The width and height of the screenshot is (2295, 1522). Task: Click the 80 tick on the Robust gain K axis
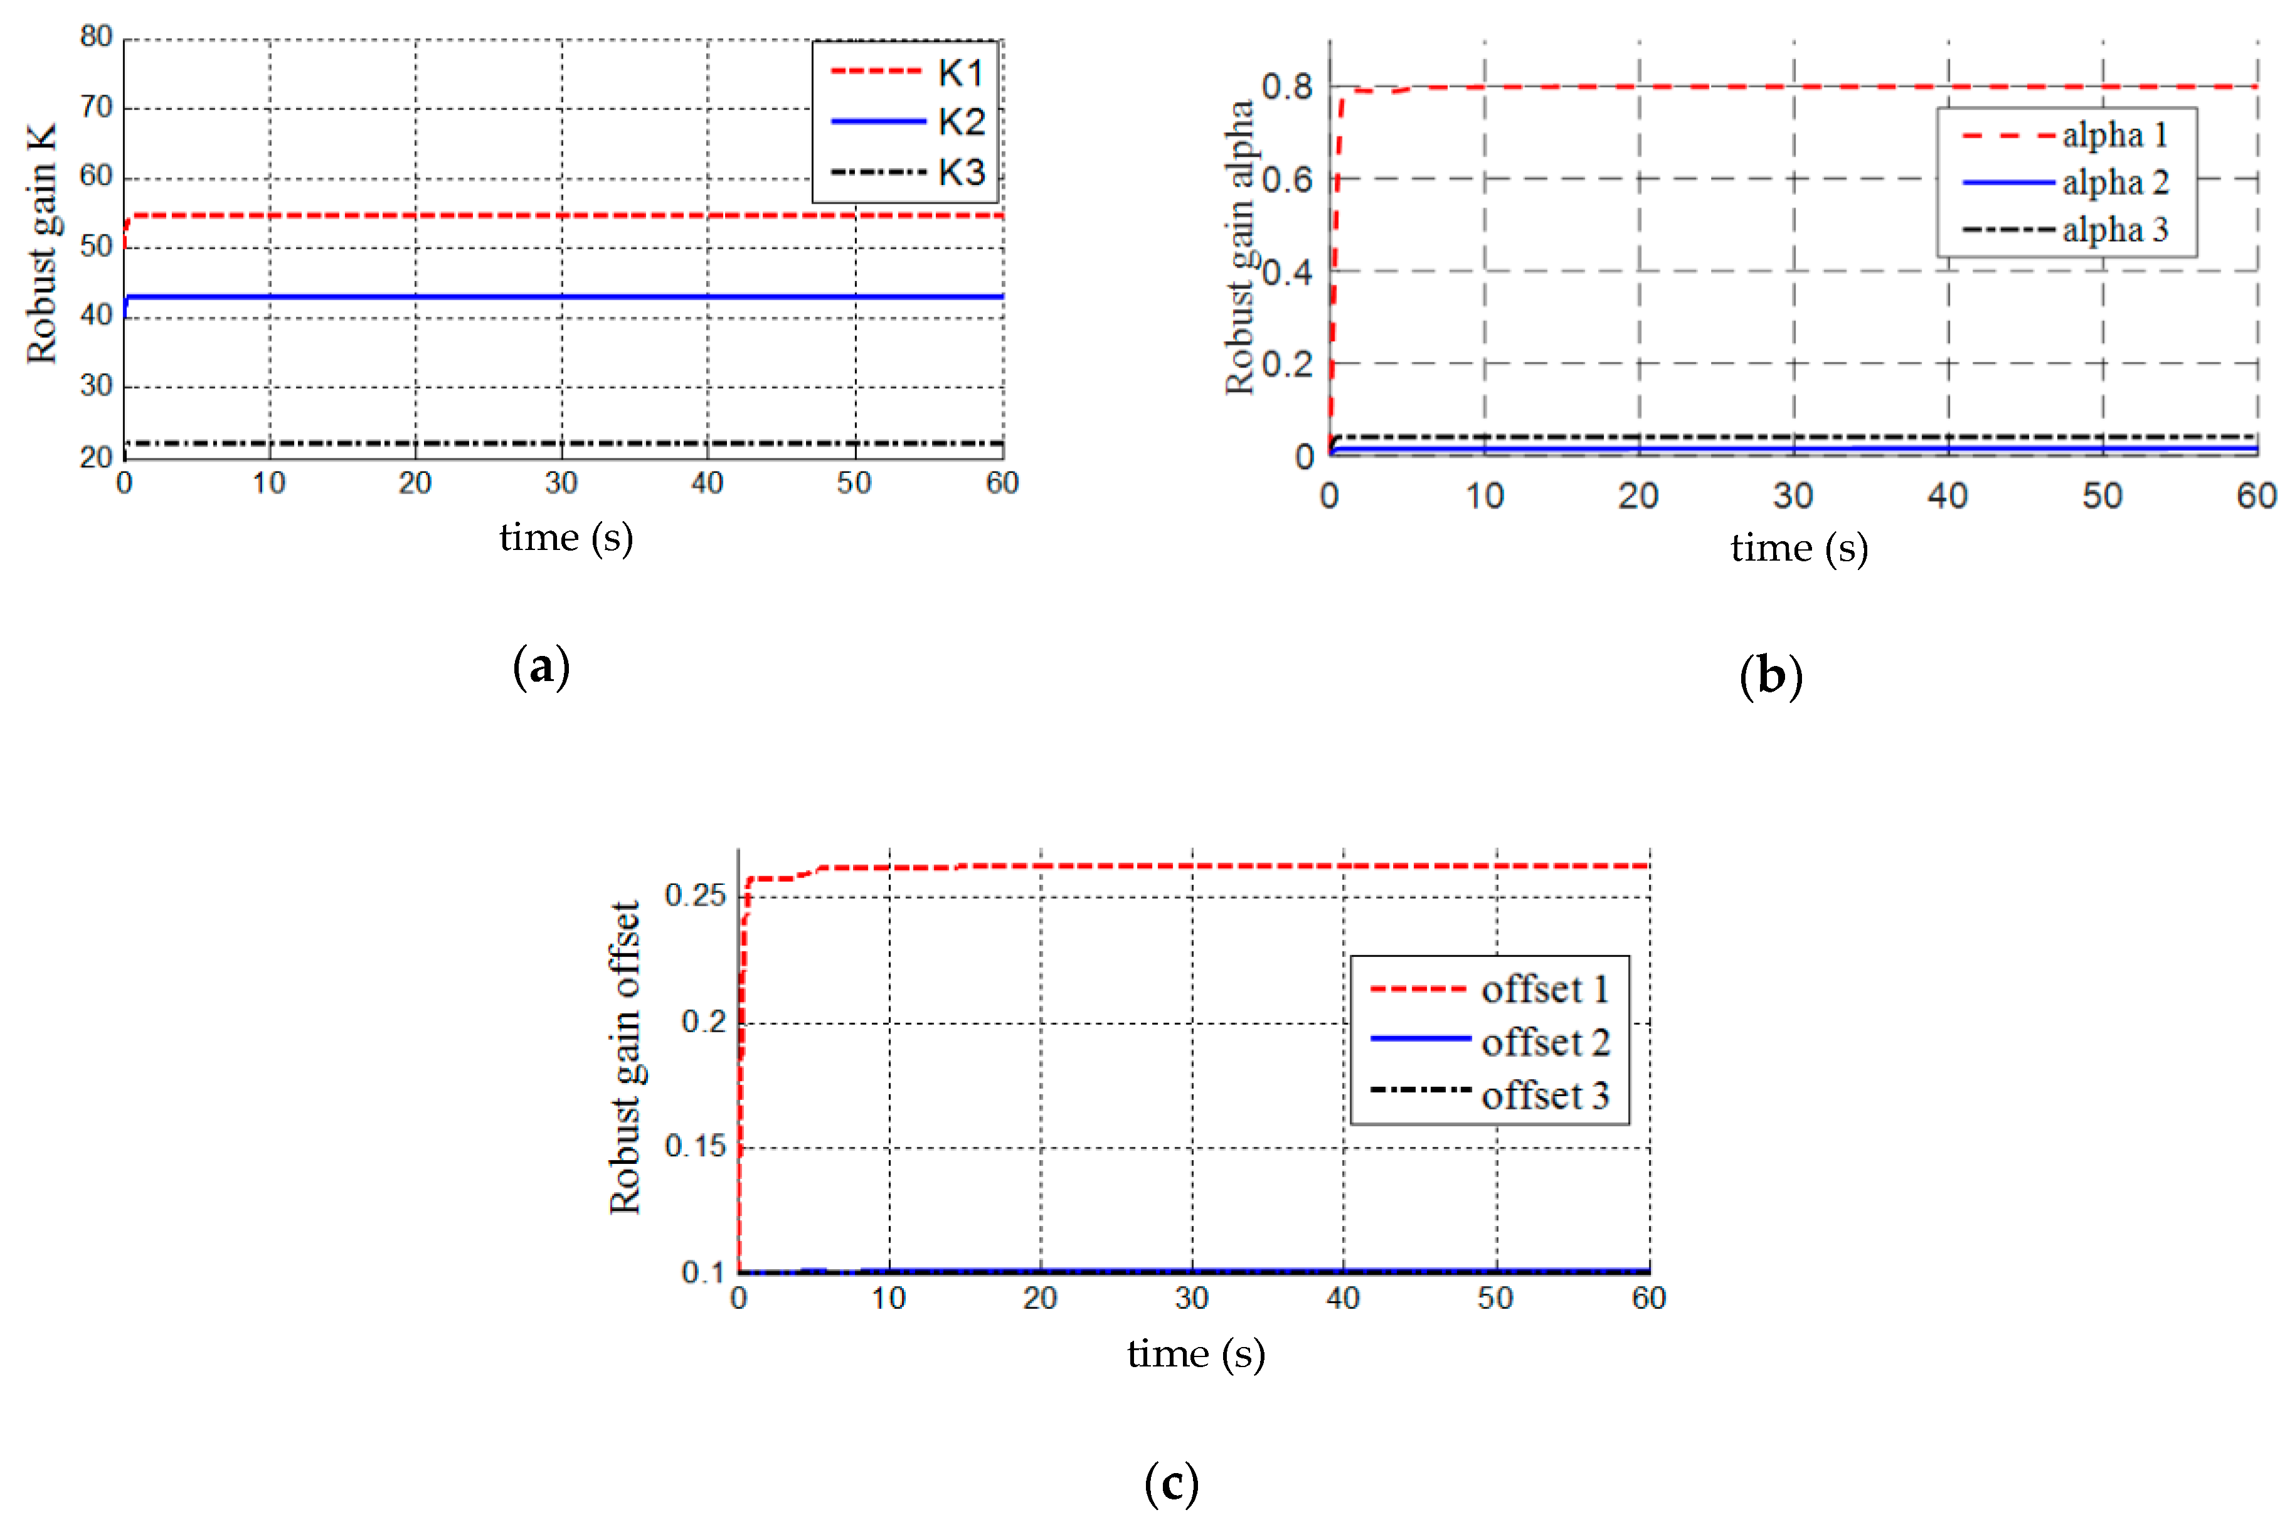(96, 37)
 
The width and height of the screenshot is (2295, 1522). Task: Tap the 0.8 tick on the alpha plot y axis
(1287, 87)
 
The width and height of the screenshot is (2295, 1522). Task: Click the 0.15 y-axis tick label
(695, 1146)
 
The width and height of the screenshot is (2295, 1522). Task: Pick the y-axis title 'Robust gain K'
(42, 244)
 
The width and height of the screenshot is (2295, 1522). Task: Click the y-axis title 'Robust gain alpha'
(1240, 248)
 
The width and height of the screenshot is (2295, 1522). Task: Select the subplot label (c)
(1171, 1484)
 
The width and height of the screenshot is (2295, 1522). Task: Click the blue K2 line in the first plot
(563, 296)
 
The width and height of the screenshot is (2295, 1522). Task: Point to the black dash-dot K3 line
(563, 443)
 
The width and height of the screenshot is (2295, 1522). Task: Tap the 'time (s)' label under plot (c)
(1195, 1354)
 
